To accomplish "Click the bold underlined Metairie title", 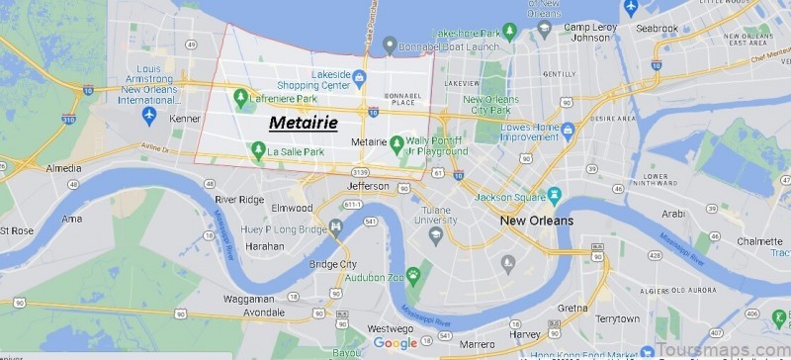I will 304,124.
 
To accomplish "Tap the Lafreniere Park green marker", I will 240,96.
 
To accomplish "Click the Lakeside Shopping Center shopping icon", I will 360,77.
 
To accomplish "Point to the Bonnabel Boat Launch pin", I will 391,45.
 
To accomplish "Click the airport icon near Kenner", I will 149,116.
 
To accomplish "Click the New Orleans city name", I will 536,220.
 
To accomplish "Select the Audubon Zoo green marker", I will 413,274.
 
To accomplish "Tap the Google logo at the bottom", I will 395,343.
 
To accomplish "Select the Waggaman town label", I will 248,299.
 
